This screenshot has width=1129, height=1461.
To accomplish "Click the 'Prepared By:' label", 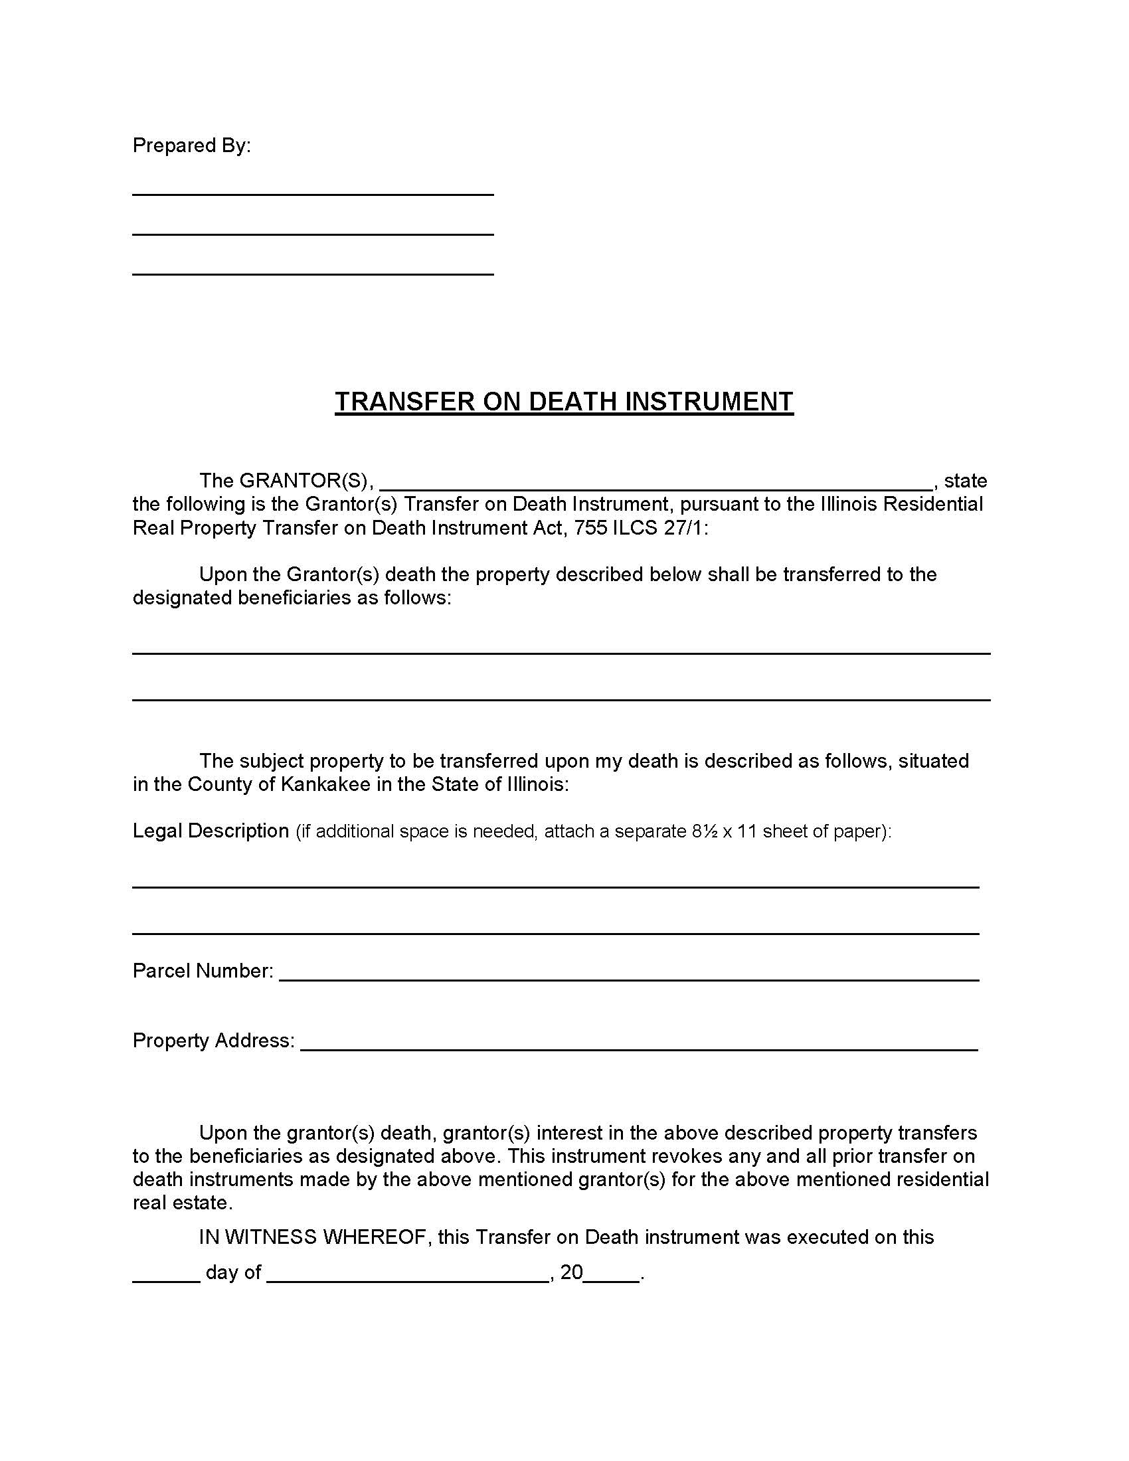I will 191,146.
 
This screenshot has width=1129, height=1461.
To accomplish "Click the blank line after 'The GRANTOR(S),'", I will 655,485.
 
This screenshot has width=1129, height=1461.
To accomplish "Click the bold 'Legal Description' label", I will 211,831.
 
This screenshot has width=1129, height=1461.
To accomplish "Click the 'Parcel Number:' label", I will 203,971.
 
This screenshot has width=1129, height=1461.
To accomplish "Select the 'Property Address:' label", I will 213,1040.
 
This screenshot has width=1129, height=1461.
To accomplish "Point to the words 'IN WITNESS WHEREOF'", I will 312,1237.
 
